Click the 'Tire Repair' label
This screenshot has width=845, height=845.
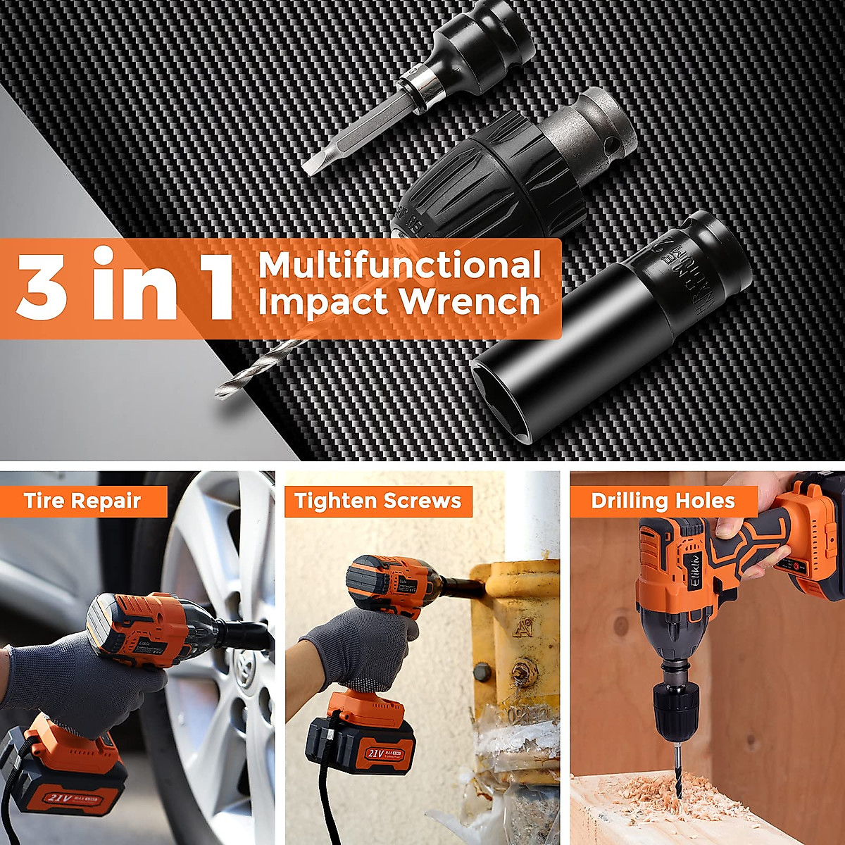pos(82,501)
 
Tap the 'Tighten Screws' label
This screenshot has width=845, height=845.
pos(378,501)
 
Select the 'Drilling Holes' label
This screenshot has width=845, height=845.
pos(663,501)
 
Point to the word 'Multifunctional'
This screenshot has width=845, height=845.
pos(399,265)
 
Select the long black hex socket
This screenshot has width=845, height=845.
pos(606,331)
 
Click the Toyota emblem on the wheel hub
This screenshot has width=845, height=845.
pos(246,665)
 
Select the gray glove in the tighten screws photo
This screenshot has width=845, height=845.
pos(366,648)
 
